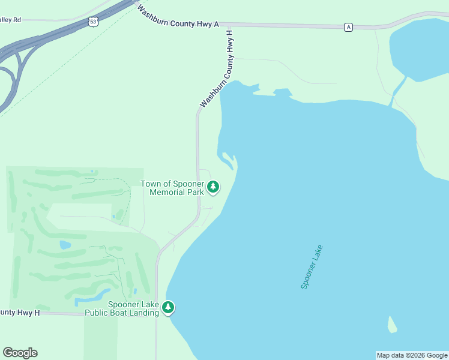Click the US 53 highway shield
(x=92, y=22)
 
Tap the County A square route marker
(x=348, y=27)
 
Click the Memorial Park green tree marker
(x=213, y=188)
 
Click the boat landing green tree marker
(x=169, y=308)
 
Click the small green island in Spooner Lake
(x=391, y=325)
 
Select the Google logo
(x=20, y=353)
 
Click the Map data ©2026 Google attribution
(x=412, y=355)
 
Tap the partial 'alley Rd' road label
(x=11, y=20)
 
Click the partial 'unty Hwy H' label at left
(x=20, y=313)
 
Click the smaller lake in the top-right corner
(x=420, y=48)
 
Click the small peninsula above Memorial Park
(x=228, y=160)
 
